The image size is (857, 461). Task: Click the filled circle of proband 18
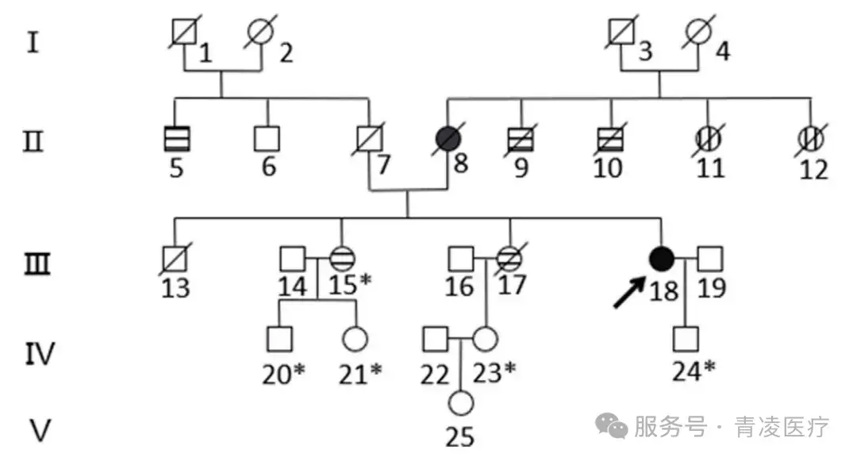662,258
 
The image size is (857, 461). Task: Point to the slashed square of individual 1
184,33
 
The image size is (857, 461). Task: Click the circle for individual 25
460,404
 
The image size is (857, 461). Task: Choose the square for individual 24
685,339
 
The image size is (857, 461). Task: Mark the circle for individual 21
355,339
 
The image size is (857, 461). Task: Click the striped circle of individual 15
343,258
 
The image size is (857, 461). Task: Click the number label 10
608,169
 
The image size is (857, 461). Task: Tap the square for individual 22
435,339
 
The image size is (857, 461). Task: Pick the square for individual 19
710,258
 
